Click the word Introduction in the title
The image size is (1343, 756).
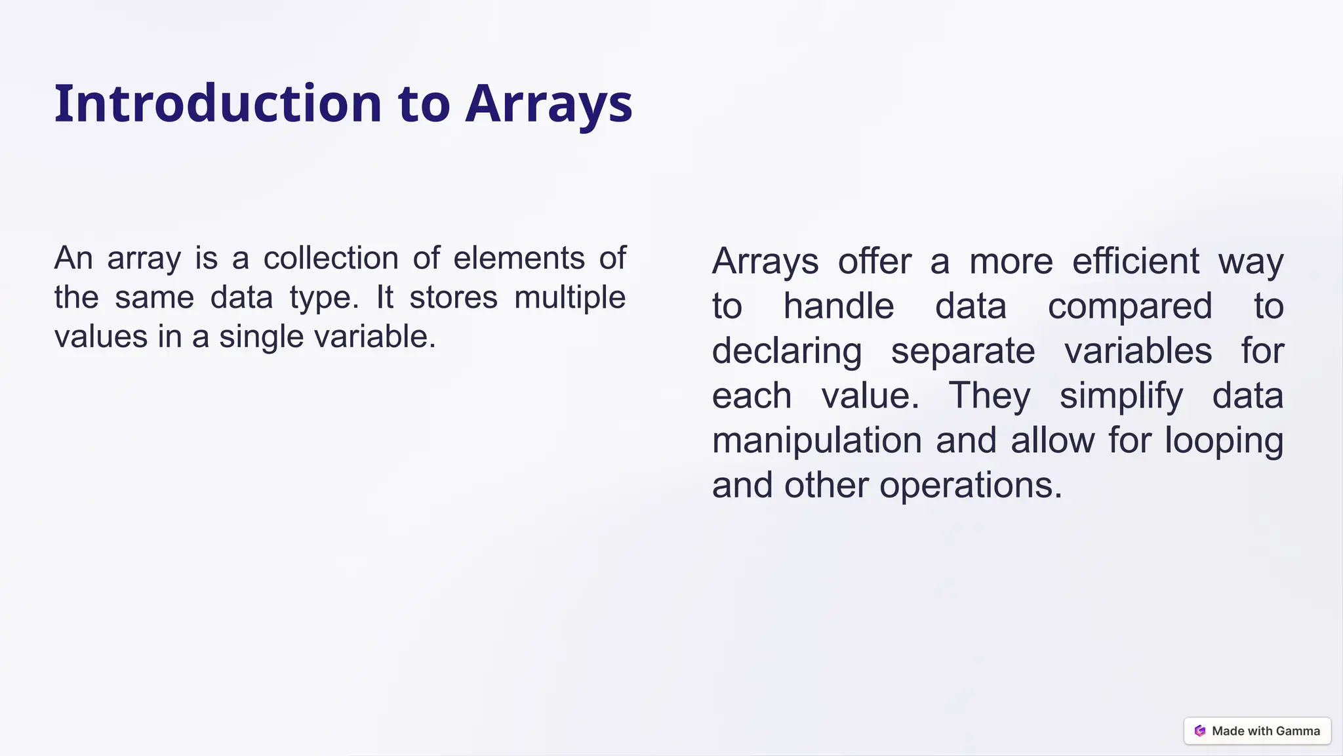[x=218, y=104]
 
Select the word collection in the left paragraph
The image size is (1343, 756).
[x=331, y=258]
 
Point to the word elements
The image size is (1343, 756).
[x=519, y=258]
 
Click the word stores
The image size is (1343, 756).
[x=453, y=297]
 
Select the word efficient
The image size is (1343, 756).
[x=1135, y=262]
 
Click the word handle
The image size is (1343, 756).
[x=838, y=306]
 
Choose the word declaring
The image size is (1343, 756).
[x=786, y=352]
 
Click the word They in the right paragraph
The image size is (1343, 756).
[x=989, y=396]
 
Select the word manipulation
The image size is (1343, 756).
[x=816, y=441]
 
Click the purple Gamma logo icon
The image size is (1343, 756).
[x=1200, y=731]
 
